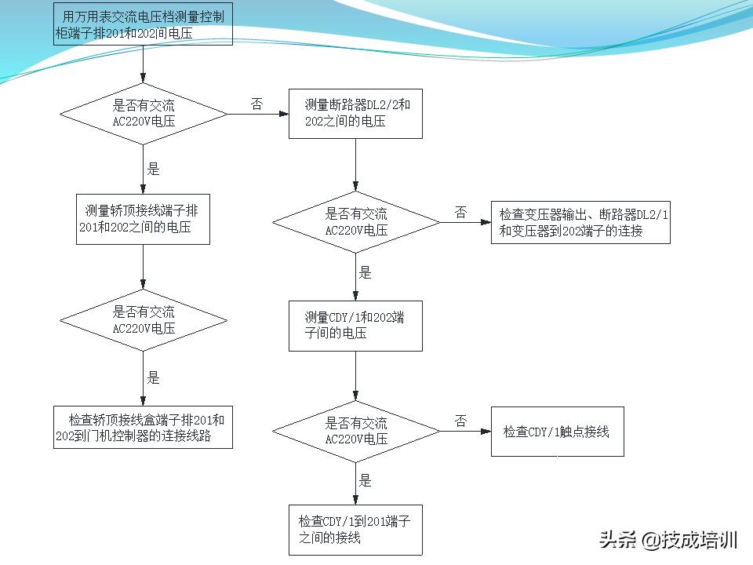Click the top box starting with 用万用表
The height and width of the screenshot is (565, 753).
[144, 24]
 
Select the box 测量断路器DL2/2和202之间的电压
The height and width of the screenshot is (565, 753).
[355, 113]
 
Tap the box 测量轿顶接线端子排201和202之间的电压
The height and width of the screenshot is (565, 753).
[144, 219]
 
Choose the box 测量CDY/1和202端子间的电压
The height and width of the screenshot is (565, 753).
[355, 326]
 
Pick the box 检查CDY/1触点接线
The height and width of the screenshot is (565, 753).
[557, 432]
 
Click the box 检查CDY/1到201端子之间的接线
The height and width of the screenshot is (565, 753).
[355, 530]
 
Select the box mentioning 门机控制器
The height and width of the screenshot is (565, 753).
[144, 427]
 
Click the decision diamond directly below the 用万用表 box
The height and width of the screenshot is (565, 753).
[144, 115]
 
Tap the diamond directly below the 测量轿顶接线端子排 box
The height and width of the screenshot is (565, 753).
[144, 320]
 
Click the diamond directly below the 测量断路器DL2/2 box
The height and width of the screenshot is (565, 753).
[356, 222]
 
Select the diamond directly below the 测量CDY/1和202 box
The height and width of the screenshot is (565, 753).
[356, 431]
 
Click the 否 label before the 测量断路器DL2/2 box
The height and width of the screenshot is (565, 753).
[256, 104]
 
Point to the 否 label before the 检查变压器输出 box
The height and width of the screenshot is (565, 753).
[460, 212]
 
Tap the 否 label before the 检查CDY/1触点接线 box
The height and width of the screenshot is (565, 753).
[460, 421]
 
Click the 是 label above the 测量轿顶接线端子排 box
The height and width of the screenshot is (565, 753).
[154, 169]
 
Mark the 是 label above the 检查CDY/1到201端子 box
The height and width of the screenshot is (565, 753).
[366, 480]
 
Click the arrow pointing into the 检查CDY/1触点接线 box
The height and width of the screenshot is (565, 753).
[466, 431]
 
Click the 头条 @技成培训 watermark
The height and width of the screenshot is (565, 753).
[668, 540]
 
